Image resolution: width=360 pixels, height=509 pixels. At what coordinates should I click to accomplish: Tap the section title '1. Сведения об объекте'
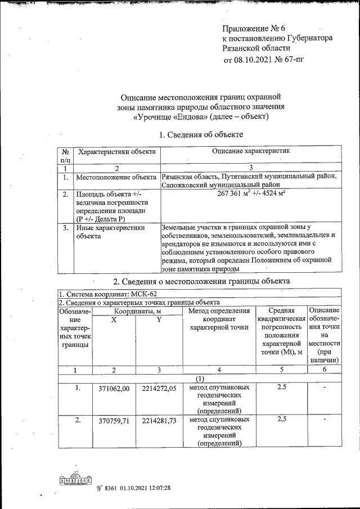[x=201, y=135]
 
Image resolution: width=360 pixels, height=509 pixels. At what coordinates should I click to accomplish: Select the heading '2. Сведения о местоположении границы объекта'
[x=201, y=281]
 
